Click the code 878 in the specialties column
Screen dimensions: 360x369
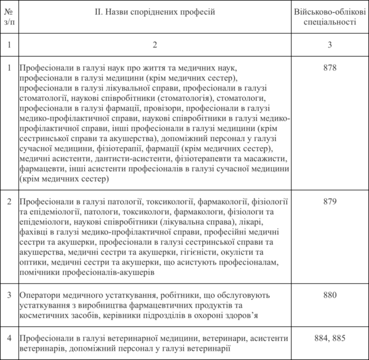point(330,67)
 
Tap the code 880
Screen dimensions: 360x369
point(330,295)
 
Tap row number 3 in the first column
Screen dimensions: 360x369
point(8,295)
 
